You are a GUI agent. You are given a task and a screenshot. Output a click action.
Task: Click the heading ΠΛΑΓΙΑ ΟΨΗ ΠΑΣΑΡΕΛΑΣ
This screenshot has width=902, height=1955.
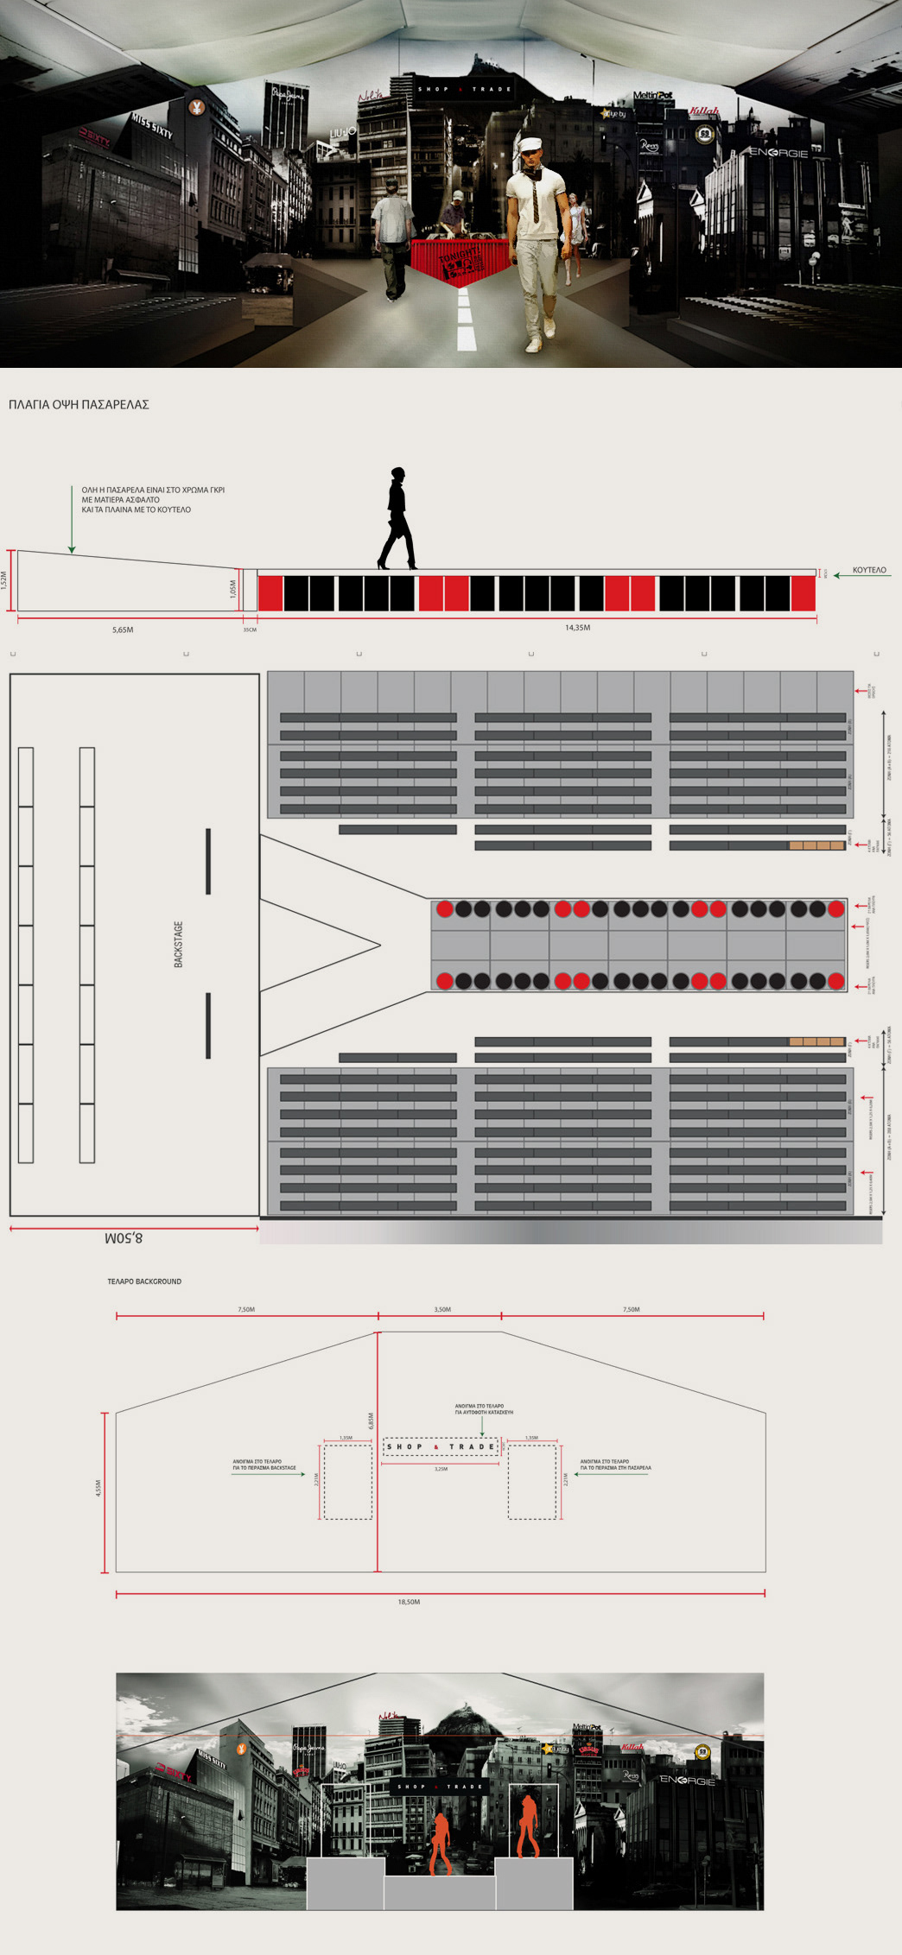point(79,404)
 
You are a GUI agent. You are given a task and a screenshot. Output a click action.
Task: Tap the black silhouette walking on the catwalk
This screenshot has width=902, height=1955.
point(397,519)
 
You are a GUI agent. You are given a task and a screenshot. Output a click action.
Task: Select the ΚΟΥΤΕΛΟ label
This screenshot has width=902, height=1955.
point(869,571)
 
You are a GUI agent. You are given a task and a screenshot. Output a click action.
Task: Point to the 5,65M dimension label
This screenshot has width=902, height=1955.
point(123,630)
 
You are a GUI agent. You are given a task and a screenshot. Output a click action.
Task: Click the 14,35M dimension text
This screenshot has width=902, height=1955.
point(577,628)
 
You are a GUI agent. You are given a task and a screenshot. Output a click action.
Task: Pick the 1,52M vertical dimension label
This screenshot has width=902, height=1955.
point(4,580)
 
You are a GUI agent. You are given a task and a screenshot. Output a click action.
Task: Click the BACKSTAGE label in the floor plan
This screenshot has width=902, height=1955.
point(179,944)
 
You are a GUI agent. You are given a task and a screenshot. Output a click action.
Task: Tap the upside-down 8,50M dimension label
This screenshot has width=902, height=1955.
point(124,1238)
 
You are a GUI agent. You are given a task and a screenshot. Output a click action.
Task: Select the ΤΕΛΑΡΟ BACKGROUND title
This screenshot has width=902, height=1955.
point(144,1281)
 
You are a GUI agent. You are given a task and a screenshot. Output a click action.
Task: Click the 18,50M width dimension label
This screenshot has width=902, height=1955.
point(409,1602)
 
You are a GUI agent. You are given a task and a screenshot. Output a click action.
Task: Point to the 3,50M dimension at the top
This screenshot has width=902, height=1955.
point(441,1310)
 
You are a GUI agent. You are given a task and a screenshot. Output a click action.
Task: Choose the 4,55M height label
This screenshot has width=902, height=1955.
point(98,1488)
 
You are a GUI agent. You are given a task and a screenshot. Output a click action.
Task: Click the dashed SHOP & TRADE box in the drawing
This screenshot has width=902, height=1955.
point(441,1446)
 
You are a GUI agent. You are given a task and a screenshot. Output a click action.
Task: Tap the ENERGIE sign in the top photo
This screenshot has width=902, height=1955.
point(778,153)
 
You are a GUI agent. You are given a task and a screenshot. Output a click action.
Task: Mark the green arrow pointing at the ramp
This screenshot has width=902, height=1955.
point(72,522)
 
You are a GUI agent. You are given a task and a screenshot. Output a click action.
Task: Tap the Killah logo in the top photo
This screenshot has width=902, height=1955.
point(704,111)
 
